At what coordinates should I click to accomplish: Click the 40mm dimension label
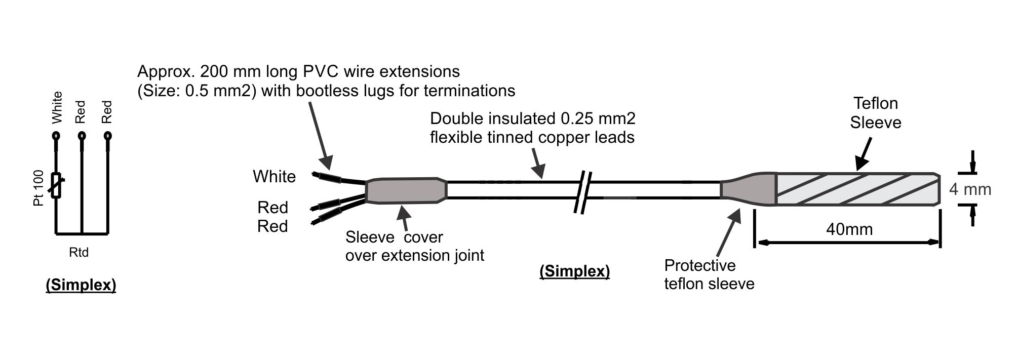coord(849,229)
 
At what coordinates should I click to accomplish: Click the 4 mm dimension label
coord(969,189)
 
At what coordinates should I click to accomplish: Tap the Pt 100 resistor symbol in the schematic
coord(57,185)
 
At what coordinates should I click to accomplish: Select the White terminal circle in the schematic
coord(56,136)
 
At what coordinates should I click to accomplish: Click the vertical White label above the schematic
coord(57,107)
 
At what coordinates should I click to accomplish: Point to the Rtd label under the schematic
coord(79,252)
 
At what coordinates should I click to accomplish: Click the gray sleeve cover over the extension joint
coord(405,190)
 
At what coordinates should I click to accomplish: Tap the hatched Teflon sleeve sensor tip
coord(856,189)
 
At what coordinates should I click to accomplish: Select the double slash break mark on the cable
coord(583,191)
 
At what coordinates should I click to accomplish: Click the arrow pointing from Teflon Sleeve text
coord(864,154)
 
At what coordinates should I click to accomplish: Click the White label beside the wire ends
coord(274,176)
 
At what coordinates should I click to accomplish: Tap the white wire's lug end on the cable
coord(328,177)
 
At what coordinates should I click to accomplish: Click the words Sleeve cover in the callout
coord(394,237)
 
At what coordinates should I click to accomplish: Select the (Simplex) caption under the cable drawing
coord(574,271)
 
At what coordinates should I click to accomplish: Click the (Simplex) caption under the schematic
coord(81,285)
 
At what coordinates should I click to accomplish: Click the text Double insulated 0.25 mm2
coord(532,118)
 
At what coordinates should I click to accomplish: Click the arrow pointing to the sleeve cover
coord(404,218)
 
